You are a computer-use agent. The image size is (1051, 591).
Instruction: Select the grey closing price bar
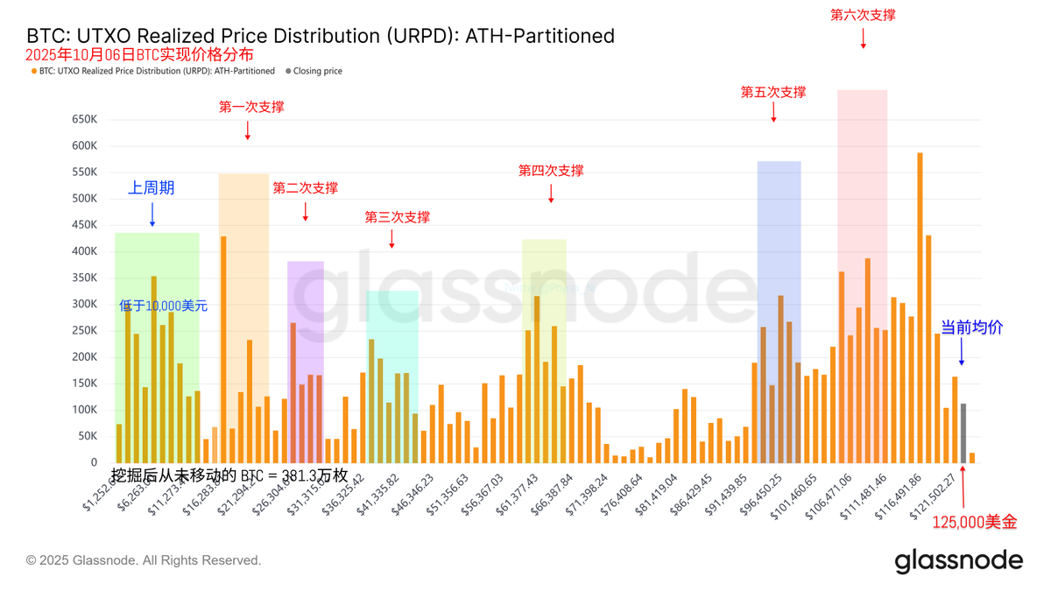[x=963, y=433]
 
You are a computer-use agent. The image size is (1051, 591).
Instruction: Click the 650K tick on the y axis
[x=84, y=119]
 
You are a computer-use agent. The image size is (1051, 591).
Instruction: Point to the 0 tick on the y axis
[x=94, y=462]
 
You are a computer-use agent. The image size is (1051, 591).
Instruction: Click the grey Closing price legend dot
[x=288, y=71]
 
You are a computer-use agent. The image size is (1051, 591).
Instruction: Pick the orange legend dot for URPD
[x=34, y=71]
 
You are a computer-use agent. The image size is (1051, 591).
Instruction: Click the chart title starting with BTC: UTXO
[x=321, y=36]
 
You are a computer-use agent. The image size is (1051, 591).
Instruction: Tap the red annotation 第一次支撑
[x=251, y=107]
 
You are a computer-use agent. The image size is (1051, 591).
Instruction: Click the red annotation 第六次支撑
[x=863, y=15]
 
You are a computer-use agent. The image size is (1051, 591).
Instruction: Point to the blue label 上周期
[x=152, y=187]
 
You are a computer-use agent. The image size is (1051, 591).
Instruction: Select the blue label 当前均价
[x=971, y=327]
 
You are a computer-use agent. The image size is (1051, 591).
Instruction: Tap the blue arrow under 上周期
[x=152, y=215]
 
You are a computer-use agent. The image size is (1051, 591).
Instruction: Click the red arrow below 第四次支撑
[x=551, y=193]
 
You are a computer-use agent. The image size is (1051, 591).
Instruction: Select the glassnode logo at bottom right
[x=958, y=560]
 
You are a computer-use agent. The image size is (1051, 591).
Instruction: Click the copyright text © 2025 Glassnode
[x=144, y=560]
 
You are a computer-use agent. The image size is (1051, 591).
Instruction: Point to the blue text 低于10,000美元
[x=164, y=306]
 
